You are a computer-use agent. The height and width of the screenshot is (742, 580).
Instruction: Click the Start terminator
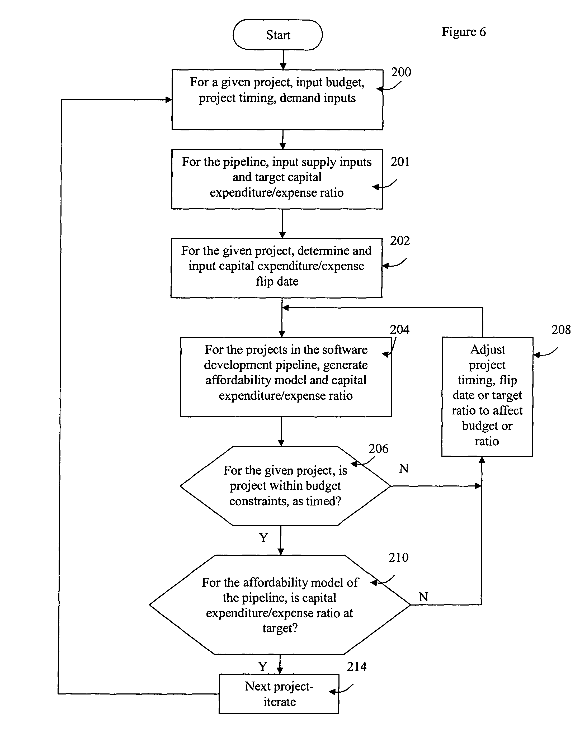(x=278, y=35)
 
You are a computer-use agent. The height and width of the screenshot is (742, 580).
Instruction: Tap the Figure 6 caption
(x=464, y=32)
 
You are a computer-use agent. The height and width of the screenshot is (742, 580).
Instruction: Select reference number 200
(x=401, y=72)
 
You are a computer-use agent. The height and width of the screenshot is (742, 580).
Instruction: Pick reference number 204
(x=399, y=329)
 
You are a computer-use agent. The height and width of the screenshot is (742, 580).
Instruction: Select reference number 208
(x=561, y=329)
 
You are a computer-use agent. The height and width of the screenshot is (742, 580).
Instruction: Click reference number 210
(x=398, y=557)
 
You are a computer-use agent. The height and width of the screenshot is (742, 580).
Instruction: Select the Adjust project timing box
(x=487, y=396)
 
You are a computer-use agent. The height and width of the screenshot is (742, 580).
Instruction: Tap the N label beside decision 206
(x=404, y=469)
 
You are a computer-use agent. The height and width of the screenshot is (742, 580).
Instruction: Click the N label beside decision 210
(x=423, y=597)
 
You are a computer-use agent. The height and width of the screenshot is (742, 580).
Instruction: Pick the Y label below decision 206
(x=263, y=537)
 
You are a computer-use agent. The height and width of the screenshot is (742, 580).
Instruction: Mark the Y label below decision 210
(x=263, y=666)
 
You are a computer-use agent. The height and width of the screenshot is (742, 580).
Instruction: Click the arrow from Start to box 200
(x=283, y=60)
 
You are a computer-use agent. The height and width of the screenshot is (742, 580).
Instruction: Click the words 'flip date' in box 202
(x=277, y=281)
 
